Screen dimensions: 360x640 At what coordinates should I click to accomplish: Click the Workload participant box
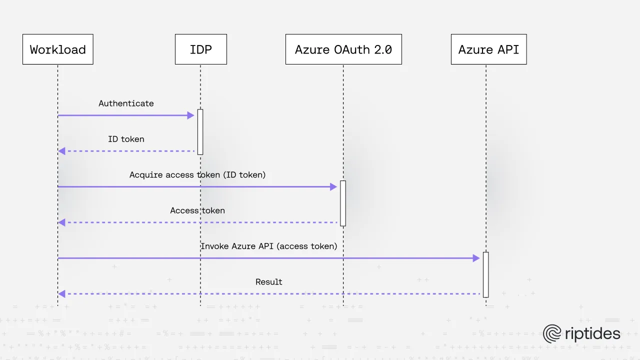[57, 49]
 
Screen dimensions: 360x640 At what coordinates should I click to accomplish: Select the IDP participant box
[200, 49]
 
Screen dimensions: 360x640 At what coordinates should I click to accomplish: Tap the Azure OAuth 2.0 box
[343, 49]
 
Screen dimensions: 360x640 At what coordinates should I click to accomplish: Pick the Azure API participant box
[488, 49]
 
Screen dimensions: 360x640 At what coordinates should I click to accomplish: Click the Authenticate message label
[126, 103]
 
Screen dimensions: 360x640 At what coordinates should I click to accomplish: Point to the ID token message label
[126, 139]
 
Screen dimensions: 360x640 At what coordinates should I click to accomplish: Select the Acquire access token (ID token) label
[197, 175]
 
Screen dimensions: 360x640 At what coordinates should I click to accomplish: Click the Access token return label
[197, 210]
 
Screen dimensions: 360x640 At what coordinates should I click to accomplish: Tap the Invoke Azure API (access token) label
[269, 246]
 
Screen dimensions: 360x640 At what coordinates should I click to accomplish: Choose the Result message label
[269, 282]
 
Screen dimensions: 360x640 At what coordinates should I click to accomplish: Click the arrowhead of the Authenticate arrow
[190, 115]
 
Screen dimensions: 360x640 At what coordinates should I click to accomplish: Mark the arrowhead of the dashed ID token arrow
[61, 151]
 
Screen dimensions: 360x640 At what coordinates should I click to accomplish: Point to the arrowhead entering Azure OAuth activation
[333, 187]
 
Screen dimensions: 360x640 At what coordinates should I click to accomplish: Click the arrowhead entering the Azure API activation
[476, 258]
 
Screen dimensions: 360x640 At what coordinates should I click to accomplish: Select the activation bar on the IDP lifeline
[200, 132]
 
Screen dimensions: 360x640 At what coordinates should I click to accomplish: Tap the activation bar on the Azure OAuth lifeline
[343, 203]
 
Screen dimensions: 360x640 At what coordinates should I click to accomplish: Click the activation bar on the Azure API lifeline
[485, 274]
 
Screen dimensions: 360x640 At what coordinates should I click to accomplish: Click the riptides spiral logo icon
[552, 334]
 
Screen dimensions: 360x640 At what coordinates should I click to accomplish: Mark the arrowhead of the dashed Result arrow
[61, 294]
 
